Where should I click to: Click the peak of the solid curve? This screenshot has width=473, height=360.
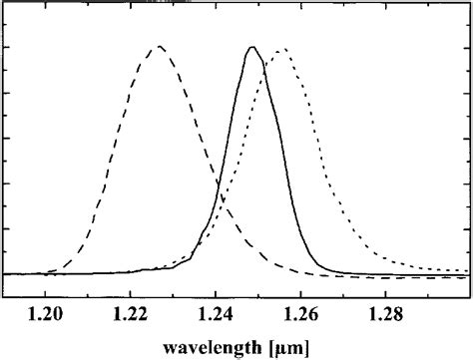(x=250, y=47)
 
